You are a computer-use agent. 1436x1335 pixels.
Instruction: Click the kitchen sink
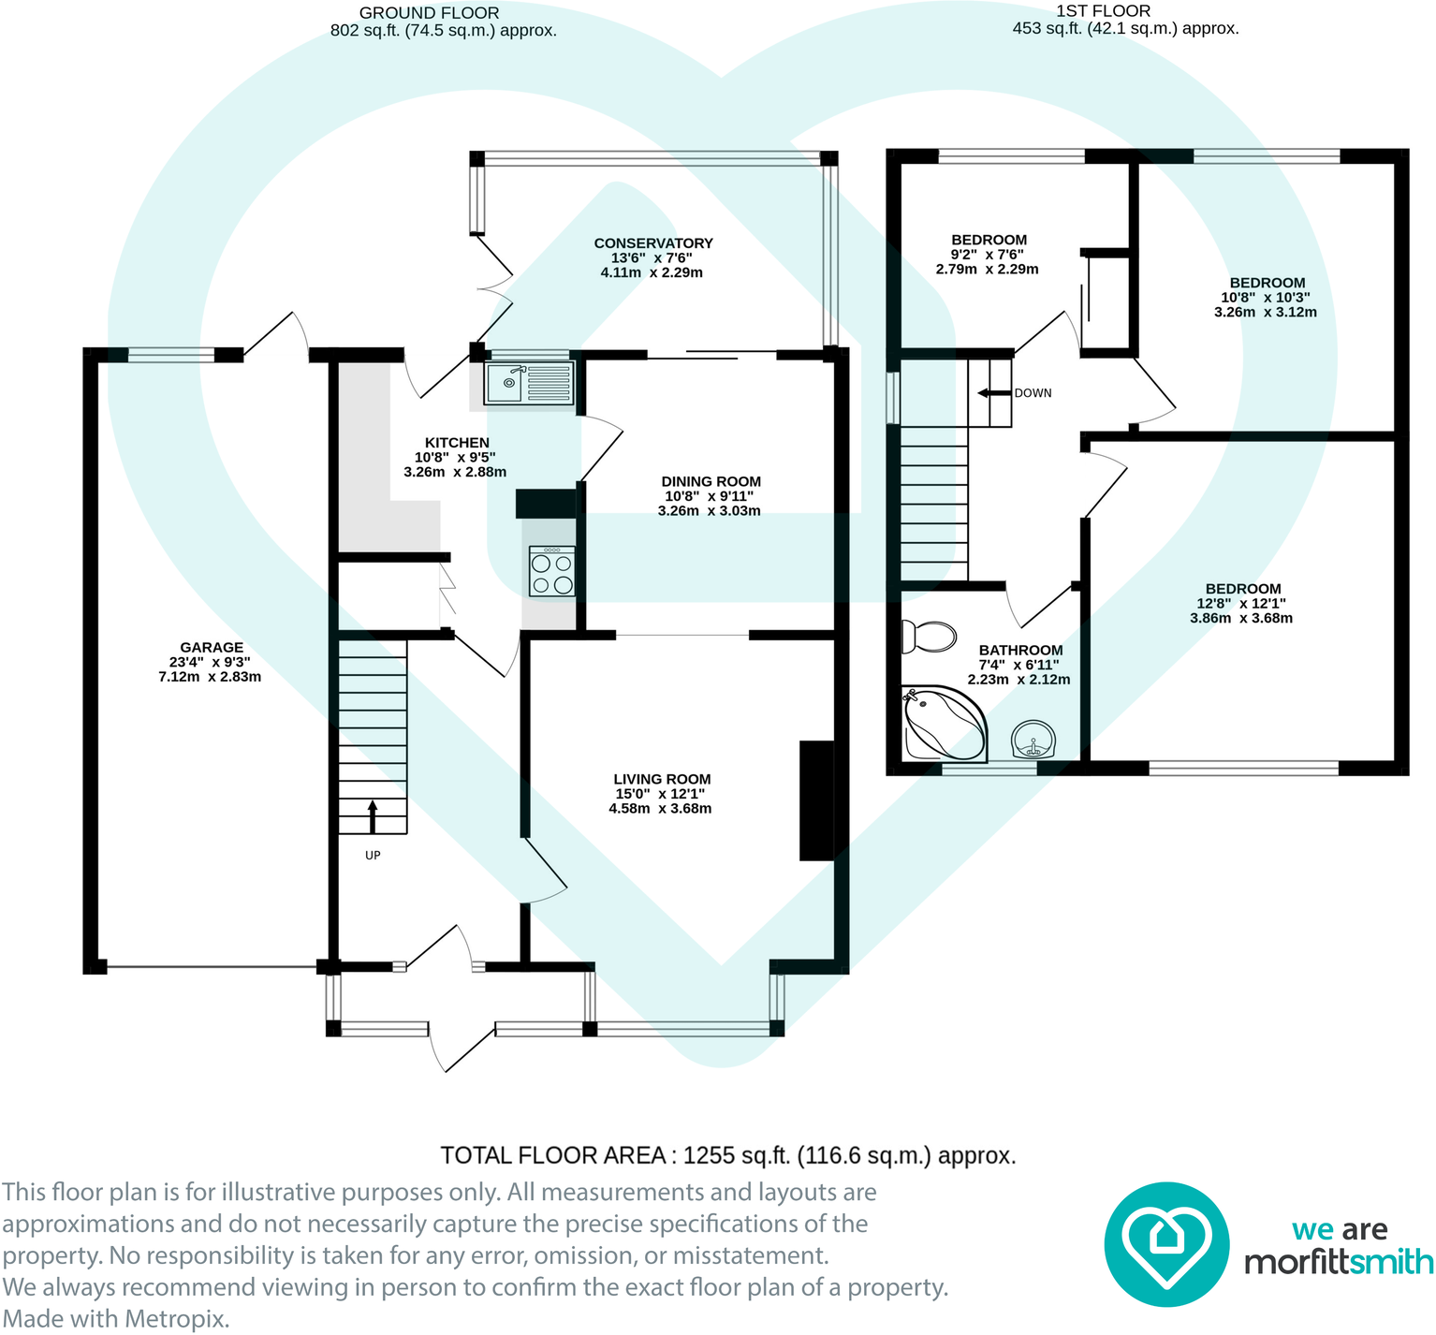click(x=529, y=384)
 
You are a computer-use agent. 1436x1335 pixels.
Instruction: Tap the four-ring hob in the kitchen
click(x=551, y=572)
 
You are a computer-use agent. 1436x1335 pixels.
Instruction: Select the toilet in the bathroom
click(x=928, y=637)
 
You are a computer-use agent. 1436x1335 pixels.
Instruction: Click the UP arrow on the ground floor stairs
click(x=373, y=816)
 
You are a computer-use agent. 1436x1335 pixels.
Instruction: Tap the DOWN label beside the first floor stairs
click(x=1033, y=393)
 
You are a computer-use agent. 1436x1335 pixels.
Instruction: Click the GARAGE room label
click(x=212, y=647)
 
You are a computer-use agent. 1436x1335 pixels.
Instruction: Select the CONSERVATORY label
click(x=653, y=243)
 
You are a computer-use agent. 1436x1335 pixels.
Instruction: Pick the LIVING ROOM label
click(x=662, y=779)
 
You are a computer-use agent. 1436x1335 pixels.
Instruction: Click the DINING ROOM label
click(x=711, y=481)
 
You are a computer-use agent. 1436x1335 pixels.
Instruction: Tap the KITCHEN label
click(x=457, y=443)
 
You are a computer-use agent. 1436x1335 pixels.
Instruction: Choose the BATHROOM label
click(x=1020, y=650)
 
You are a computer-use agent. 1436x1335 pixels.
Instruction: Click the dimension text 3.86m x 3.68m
click(x=1241, y=618)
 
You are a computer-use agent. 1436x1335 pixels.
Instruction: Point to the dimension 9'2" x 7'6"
click(x=987, y=255)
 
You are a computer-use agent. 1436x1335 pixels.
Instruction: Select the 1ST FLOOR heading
click(x=1103, y=11)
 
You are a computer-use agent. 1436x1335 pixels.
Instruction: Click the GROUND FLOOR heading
click(x=429, y=13)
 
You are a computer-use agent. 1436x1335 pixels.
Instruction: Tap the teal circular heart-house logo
click(x=1166, y=1244)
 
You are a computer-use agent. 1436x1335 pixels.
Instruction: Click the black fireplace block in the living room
click(x=816, y=800)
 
